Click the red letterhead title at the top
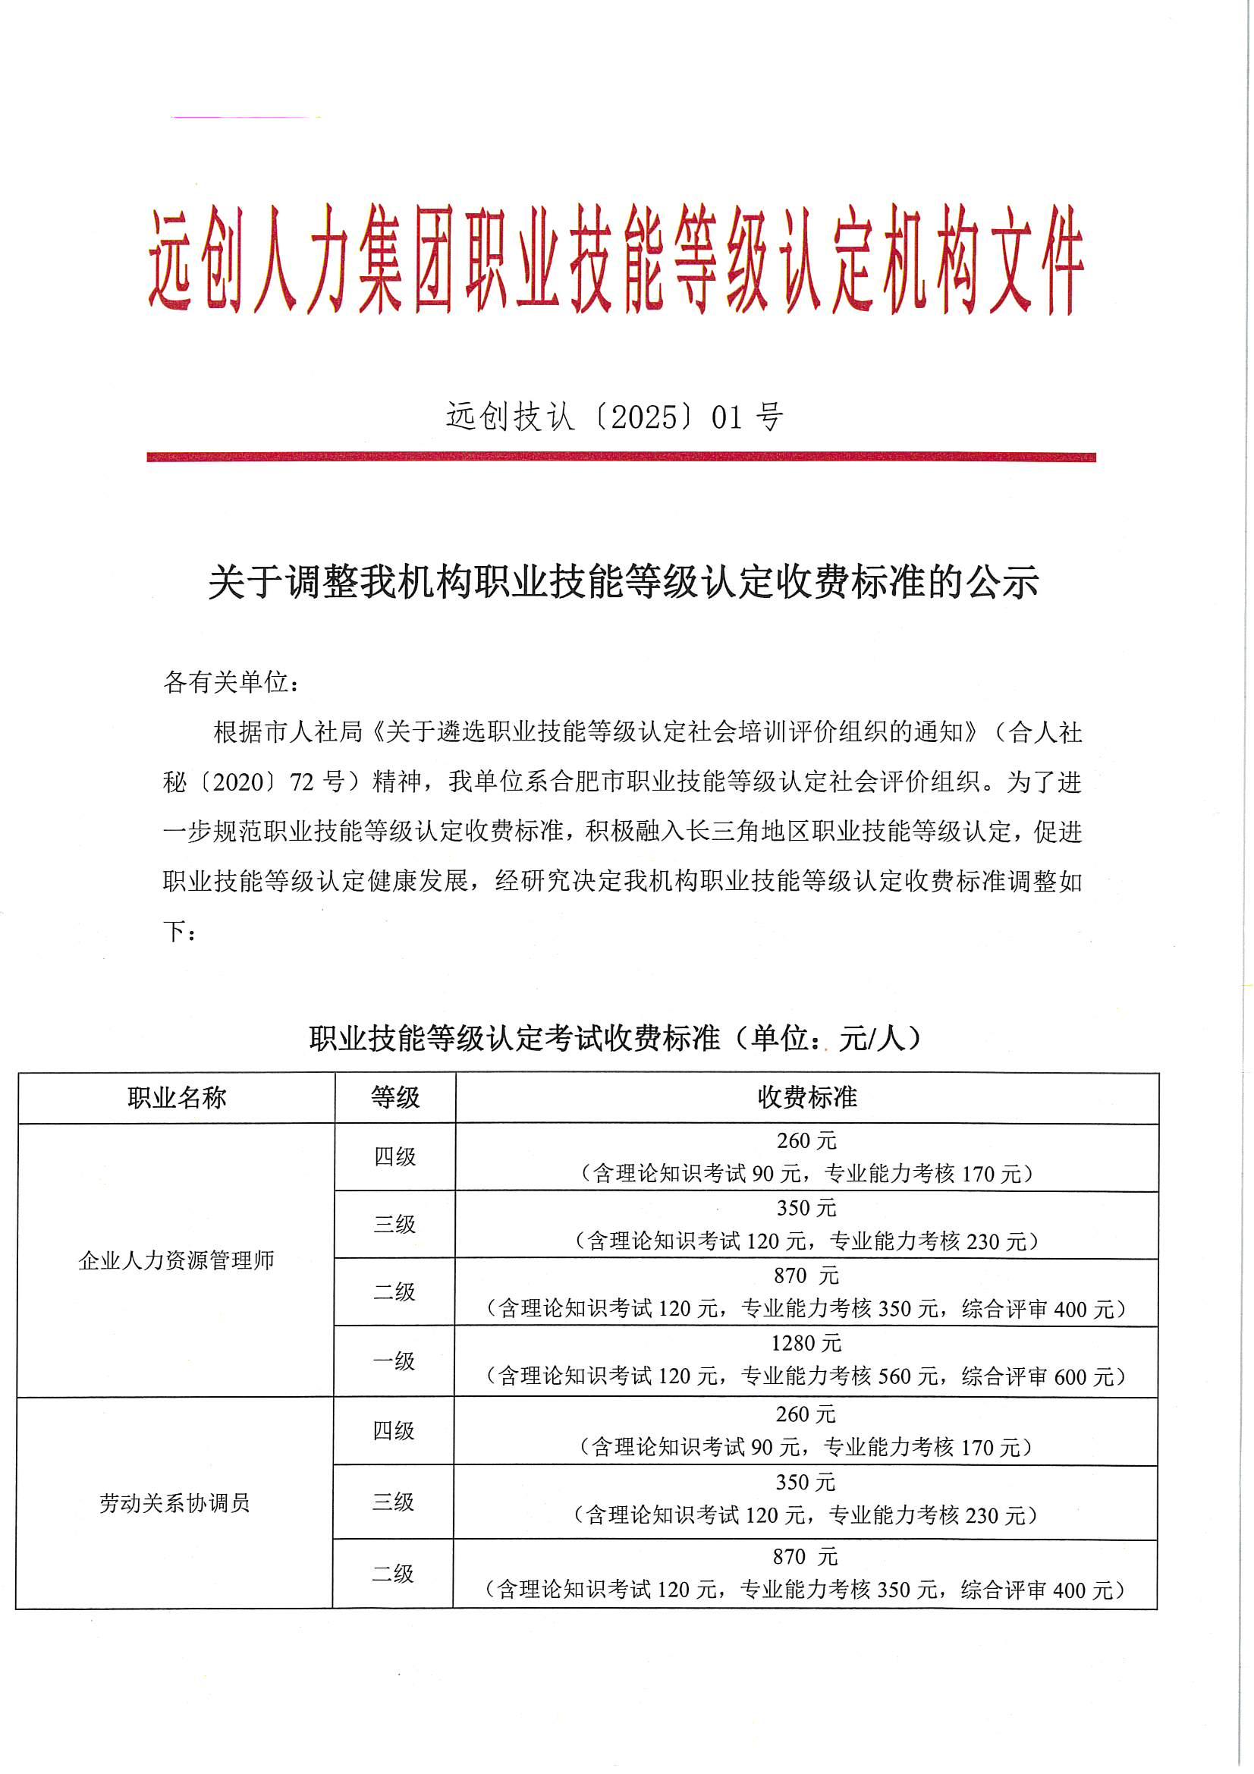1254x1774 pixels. tap(617, 259)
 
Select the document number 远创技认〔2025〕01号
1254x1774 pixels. tap(615, 417)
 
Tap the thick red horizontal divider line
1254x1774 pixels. tap(621, 457)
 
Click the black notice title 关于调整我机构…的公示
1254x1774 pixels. tap(623, 583)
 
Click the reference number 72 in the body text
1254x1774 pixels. tap(303, 782)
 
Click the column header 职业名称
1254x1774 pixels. tap(177, 1097)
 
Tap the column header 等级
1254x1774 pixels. tap(394, 1097)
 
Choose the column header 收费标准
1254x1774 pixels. tap(806, 1097)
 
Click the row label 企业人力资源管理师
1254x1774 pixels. tap(177, 1261)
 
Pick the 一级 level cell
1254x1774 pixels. tap(394, 1360)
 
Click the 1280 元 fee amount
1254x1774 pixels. tap(806, 1344)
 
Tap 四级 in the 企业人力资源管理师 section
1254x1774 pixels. tap(394, 1156)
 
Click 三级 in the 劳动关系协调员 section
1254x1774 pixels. tap(393, 1502)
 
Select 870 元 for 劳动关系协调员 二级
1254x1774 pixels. tap(805, 1557)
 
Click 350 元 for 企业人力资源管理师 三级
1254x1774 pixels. tap(806, 1208)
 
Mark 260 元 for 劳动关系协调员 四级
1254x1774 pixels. tap(805, 1414)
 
